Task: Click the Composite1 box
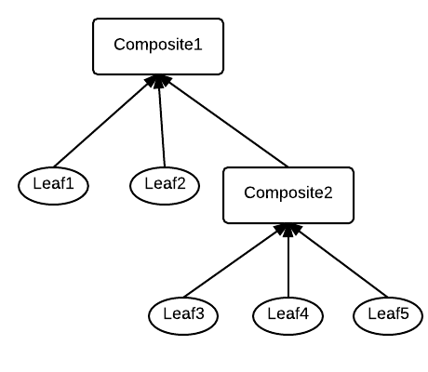point(158,46)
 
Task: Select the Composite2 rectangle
point(288,194)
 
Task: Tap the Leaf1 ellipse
point(53,183)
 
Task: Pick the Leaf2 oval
point(165,183)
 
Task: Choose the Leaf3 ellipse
point(182,313)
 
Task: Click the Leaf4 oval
point(288,313)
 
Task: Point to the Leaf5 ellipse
point(388,313)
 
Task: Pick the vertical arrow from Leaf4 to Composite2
point(288,265)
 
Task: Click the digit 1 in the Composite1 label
point(197,45)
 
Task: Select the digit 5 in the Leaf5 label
point(404,313)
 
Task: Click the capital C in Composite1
point(120,45)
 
